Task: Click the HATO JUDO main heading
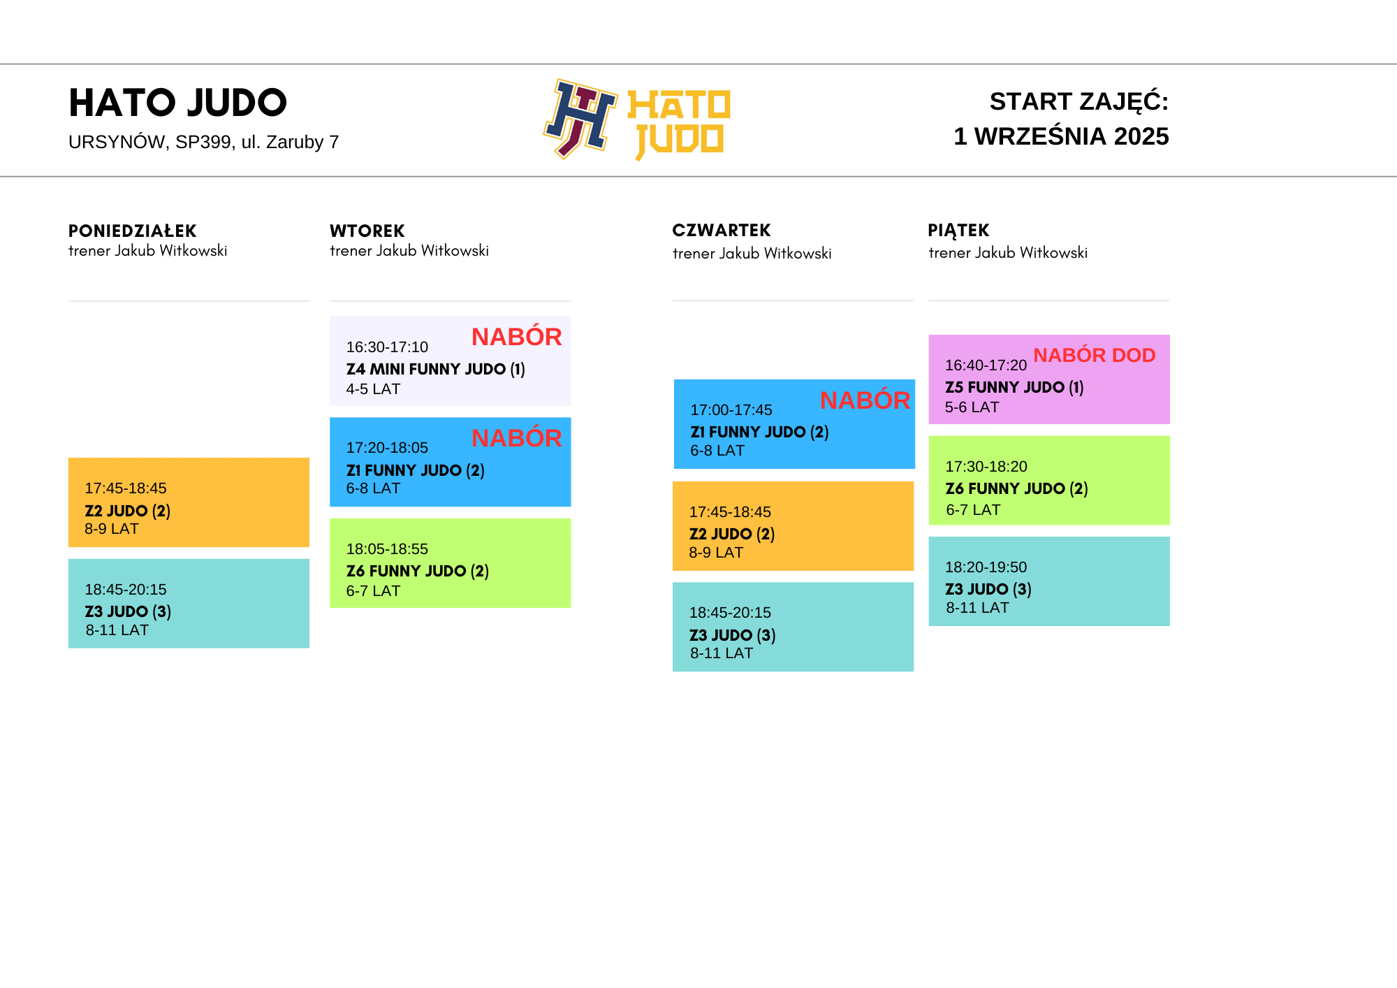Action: click(x=177, y=103)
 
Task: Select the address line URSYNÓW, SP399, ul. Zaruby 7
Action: click(x=203, y=142)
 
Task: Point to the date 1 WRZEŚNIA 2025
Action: click(x=1061, y=136)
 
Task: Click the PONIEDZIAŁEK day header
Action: click(x=132, y=231)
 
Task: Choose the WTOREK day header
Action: click(x=367, y=231)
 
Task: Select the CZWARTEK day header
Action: click(x=722, y=230)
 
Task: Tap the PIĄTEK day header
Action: click(x=958, y=231)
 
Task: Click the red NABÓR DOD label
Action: click(x=1095, y=355)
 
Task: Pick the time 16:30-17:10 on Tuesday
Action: click(x=387, y=347)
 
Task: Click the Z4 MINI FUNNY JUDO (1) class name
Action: click(x=436, y=369)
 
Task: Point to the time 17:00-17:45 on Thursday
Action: click(x=731, y=410)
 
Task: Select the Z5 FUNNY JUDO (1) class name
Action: click(x=1014, y=387)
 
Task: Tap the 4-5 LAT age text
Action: click(x=373, y=389)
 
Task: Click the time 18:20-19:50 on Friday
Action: click(x=986, y=567)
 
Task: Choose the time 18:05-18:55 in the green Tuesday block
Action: click(x=387, y=549)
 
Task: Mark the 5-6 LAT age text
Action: click(x=972, y=407)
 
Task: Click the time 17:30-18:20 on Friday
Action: click(x=986, y=467)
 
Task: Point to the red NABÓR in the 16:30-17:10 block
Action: click(x=517, y=336)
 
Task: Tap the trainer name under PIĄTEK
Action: click(x=1008, y=253)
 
